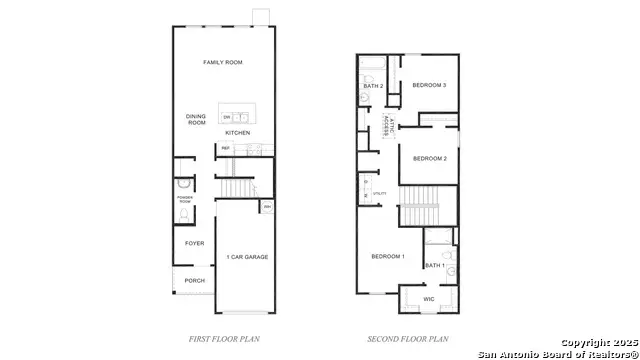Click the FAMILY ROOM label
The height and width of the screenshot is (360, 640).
coord(223,63)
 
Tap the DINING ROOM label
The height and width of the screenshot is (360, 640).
coord(196,120)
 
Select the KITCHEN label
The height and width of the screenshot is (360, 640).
coord(237,133)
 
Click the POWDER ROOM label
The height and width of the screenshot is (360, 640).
coord(185,200)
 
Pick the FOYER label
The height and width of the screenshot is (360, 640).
coord(194,243)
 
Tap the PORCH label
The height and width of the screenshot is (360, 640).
coord(194,281)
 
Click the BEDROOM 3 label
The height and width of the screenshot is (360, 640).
coord(429,85)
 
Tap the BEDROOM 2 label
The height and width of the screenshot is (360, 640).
coord(429,158)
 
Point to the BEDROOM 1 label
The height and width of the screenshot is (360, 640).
coord(388,257)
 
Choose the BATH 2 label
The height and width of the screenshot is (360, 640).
coord(374,86)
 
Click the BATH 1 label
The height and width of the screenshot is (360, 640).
coord(434,265)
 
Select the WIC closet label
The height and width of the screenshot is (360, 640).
coord(428,299)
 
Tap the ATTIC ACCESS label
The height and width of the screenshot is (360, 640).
coord(387,124)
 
